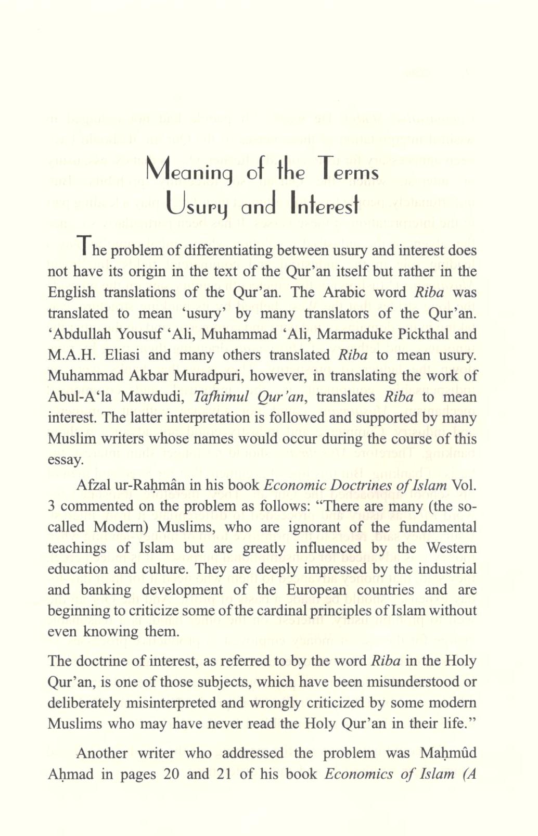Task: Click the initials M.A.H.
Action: pyautogui.click(x=71, y=354)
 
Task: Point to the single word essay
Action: pyautogui.click(x=66, y=460)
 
